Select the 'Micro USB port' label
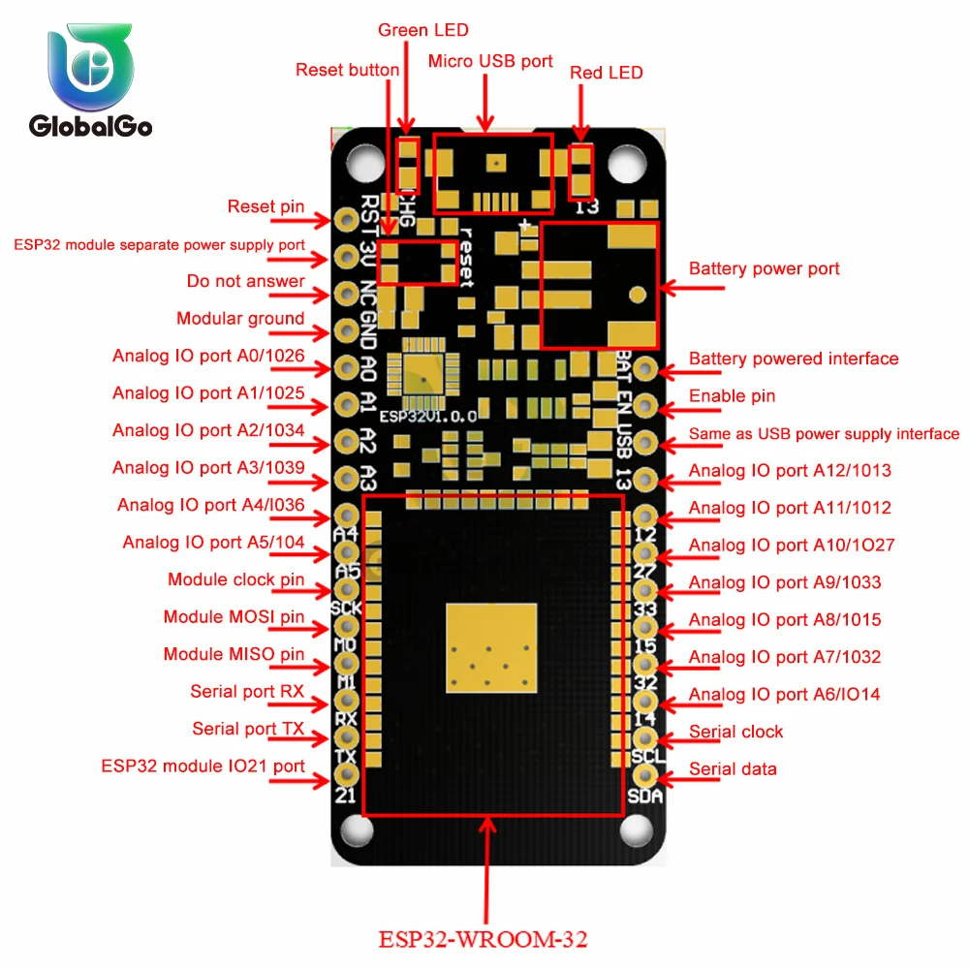pyautogui.click(x=490, y=62)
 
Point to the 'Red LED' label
pyautogui.click(x=606, y=73)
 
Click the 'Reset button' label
pyautogui.click(x=347, y=70)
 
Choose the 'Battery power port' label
pyautogui.click(x=764, y=268)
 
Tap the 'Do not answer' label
pyautogui.click(x=246, y=282)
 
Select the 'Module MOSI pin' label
pyautogui.click(x=234, y=617)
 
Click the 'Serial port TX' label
pyautogui.click(x=248, y=729)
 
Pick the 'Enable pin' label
pyautogui.click(x=732, y=395)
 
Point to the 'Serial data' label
pyautogui.click(x=733, y=769)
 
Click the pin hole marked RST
pyautogui.click(x=346, y=220)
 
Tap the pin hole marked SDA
pyautogui.click(x=645, y=775)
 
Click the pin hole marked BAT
pyautogui.click(x=645, y=368)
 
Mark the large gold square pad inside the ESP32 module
pyautogui.click(x=490, y=647)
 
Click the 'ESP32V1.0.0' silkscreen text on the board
pyautogui.click(x=427, y=416)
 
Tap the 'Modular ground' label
pyautogui.click(x=240, y=319)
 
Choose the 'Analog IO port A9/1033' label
pyautogui.click(x=785, y=582)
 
